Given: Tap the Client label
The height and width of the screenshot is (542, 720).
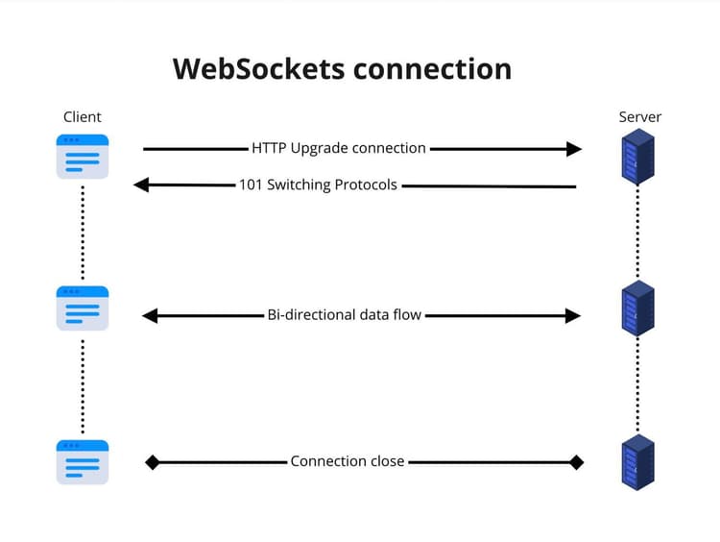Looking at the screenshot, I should [x=83, y=117].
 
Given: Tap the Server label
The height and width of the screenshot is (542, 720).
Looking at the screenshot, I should [x=639, y=117].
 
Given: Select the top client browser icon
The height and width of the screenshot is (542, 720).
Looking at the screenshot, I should [x=83, y=157].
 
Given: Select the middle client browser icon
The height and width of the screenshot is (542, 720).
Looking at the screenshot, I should [x=83, y=308].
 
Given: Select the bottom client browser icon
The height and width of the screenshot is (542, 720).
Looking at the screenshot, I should [x=83, y=461].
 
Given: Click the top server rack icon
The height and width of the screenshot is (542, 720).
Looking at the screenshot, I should [x=637, y=158].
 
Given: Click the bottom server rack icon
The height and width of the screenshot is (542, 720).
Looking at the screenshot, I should [x=637, y=461].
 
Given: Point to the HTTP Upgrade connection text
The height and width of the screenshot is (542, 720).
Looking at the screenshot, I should [x=339, y=148].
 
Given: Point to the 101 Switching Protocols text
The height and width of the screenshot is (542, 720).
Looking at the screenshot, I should [x=318, y=185].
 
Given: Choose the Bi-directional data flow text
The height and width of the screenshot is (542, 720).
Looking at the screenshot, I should [x=344, y=314].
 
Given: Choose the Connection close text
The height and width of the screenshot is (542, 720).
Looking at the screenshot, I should [x=348, y=461].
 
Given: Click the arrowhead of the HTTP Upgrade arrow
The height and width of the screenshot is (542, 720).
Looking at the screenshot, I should [x=574, y=149].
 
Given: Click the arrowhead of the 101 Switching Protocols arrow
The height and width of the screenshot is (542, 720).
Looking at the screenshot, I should [x=141, y=185].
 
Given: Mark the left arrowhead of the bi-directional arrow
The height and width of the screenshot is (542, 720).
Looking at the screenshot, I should [x=150, y=315].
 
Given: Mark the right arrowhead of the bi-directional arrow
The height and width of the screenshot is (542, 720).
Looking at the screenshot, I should [x=573, y=315].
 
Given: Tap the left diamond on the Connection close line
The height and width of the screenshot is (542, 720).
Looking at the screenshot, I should [x=152, y=462].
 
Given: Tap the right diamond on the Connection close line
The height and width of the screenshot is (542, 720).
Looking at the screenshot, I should [x=576, y=462].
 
